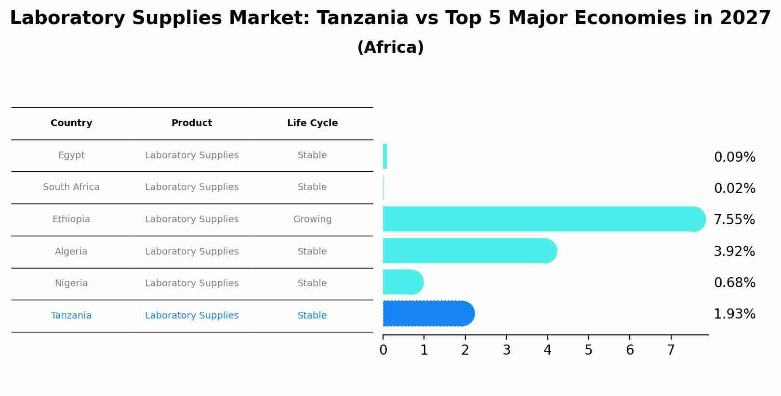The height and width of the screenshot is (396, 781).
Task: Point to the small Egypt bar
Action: coord(385,156)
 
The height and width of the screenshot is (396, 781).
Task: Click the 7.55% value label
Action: coord(734,220)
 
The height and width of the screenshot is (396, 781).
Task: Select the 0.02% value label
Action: coord(734,189)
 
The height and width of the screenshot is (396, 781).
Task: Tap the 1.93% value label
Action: coord(734,314)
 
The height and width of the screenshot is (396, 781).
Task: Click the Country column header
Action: coord(71,123)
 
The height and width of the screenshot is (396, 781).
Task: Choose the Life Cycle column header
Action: coord(312,123)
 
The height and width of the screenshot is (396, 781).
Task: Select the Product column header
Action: coord(192,123)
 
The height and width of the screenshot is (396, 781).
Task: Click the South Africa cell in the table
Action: coord(71,187)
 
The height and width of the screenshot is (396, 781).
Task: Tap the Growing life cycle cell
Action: coord(312,219)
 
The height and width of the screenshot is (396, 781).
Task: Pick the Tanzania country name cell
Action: coord(71,316)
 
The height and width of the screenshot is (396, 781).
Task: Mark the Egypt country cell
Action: coord(71,155)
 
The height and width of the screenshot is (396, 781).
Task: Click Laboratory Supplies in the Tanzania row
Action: coord(192,316)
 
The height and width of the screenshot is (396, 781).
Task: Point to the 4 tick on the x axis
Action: coord(547,350)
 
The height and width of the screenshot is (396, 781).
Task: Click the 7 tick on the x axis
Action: coord(671,350)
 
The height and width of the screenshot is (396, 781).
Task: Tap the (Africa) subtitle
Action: coord(390,48)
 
